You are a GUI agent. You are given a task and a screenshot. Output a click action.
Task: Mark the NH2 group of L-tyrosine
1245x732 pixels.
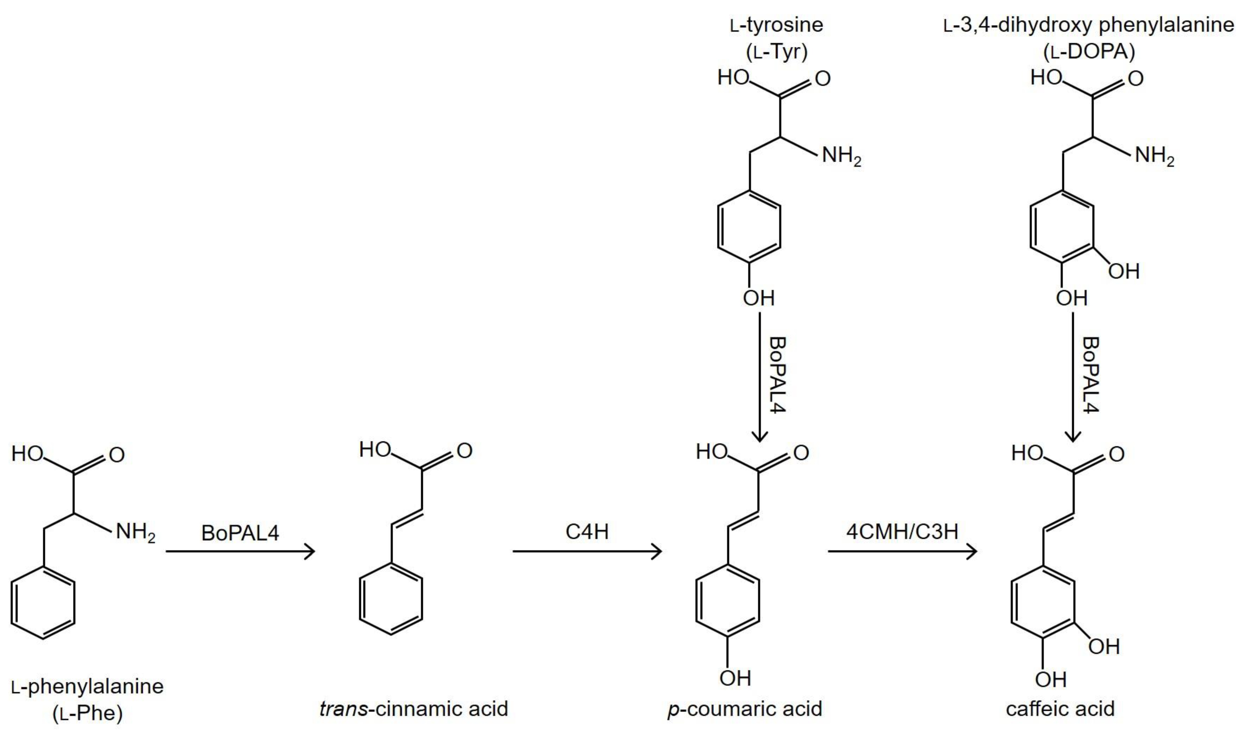(x=841, y=157)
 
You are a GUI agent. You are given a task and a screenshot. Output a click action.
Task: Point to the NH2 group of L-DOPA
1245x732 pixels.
(x=1154, y=157)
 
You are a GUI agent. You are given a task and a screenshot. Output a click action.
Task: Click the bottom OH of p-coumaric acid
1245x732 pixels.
(x=735, y=678)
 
